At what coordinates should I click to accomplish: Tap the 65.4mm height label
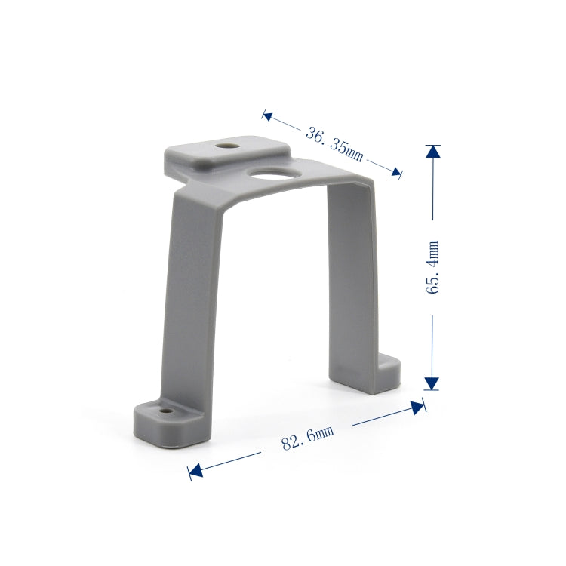(x=432, y=267)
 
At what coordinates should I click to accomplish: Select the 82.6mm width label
(x=308, y=438)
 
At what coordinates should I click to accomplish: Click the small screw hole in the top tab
(x=227, y=146)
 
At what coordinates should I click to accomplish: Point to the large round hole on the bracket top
(x=274, y=174)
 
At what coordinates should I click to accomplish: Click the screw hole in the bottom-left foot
(x=166, y=411)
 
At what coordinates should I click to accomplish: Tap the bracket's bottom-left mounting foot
(x=168, y=423)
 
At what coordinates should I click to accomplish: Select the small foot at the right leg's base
(x=388, y=374)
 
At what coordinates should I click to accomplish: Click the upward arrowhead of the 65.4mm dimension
(x=433, y=151)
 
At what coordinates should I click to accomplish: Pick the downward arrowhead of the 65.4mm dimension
(x=432, y=383)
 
